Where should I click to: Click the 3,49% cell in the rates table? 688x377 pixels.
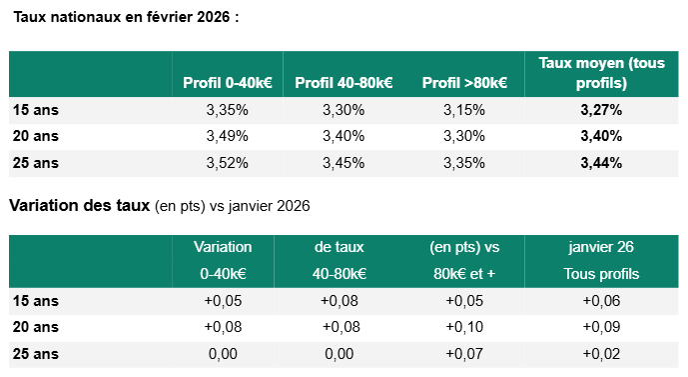pos(228,136)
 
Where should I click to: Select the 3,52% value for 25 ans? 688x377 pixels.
pos(228,163)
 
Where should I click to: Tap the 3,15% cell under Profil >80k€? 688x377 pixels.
pos(464,110)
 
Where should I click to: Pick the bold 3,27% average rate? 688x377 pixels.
pos(601,110)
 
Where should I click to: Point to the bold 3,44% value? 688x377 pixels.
pos(601,163)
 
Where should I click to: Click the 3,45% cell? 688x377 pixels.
pos(344,163)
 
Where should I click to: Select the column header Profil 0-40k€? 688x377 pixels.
pos(228,83)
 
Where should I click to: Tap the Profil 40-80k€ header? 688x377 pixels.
pos(344,83)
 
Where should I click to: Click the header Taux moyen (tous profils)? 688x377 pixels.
pos(601,73)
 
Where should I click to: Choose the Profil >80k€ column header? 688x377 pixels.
pos(464,83)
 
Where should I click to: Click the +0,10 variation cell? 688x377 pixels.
pos(464,327)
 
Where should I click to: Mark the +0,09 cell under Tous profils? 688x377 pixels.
pos(601,327)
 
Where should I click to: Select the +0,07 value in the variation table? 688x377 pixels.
pos(464,354)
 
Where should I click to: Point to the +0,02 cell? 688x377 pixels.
pos(601,354)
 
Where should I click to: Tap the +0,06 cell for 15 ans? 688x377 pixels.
pos(601,301)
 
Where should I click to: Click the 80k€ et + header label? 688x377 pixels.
pos(464,274)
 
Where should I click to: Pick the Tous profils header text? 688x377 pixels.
pos(601,274)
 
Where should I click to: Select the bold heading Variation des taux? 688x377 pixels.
pos(80,205)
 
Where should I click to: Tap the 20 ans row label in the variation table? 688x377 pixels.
pos(36,327)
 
